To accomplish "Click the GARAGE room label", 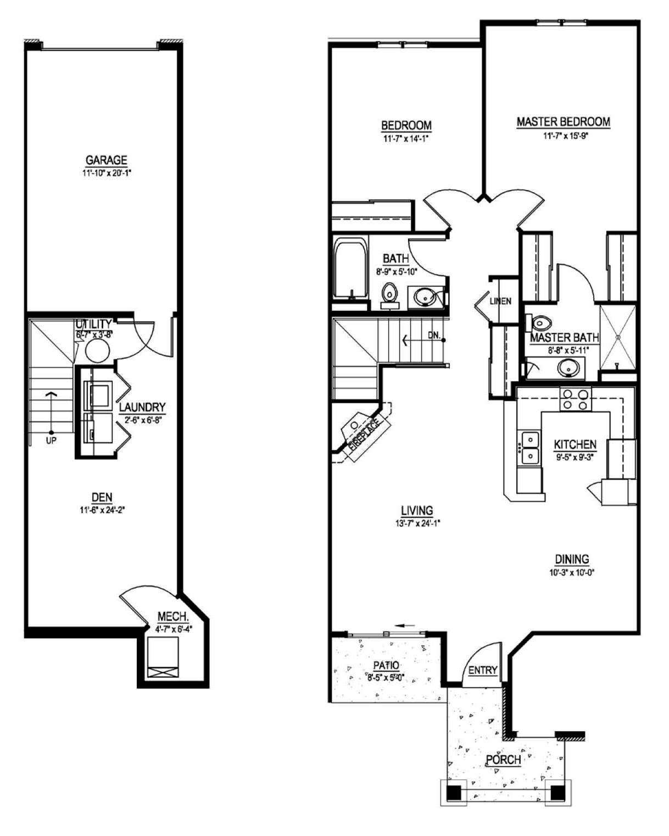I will point(106,160).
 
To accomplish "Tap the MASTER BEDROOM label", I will point(563,122).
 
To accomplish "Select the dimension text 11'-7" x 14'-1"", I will point(406,139).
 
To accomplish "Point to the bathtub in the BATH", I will point(350,269).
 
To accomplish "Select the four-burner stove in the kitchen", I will point(575,399).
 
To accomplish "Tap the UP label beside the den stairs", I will point(51,440).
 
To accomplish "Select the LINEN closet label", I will point(500,301).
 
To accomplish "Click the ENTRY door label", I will point(483,670).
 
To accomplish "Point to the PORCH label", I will point(503,760).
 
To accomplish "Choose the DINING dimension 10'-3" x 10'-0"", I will point(572,572).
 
